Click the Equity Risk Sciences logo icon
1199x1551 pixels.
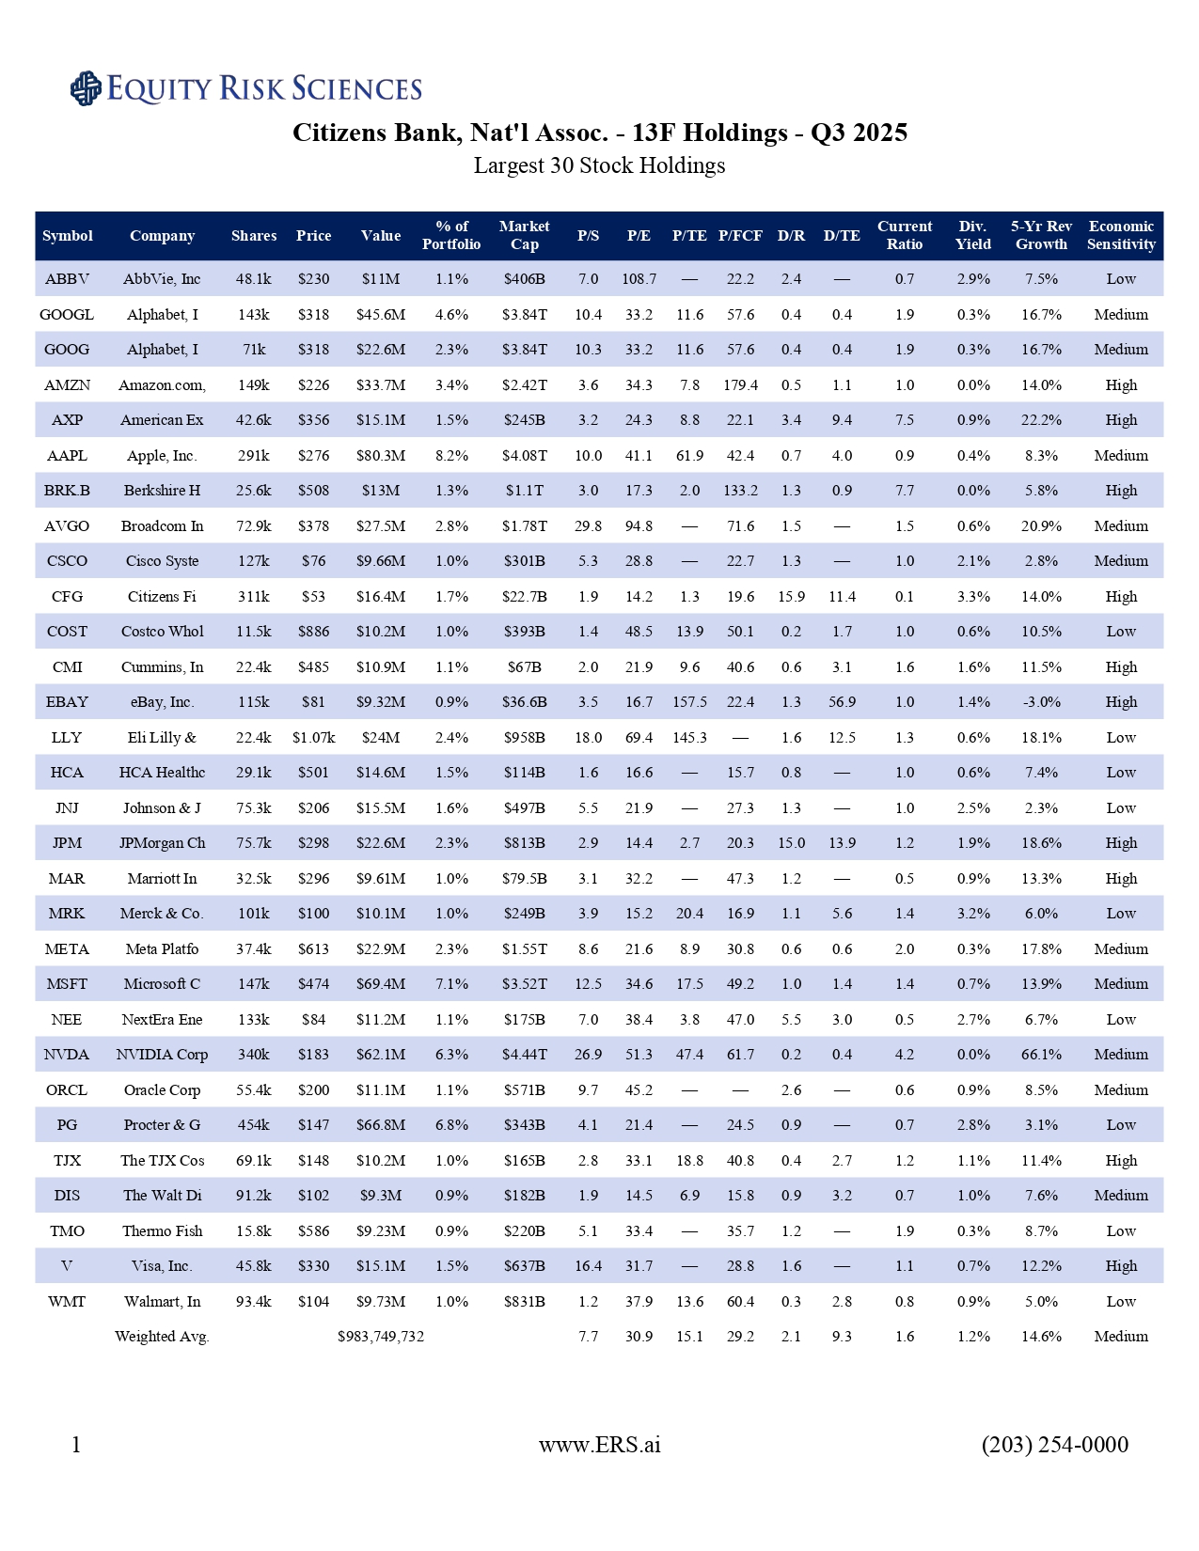pyautogui.click(x=86, y=88)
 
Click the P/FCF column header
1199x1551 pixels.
pyautogui.click(x=740, y=236)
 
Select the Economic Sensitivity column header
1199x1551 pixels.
pyautogui.click(x=1121, y=236)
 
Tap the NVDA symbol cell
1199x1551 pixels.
pyautogui.click(x=67, y=1055)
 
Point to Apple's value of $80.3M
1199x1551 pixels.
pyautogui.click(x=381, y=456)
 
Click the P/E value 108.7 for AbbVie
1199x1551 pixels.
pyautogui.click(x=639, y=279)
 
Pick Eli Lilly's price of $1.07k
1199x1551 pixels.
pyautogui.click(x=313, y=738)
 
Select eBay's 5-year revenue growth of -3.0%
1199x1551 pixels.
pyautogui.click(x=1041, y=702)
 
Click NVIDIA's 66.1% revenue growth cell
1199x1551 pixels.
pyautogui.click(x=1041, y=1055)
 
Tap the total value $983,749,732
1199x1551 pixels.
pyautogui.click(x=381, y=1337)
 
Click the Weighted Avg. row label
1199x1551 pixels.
pyautogui.click(x=162, y=1337)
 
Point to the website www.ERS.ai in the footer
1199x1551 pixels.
pyautogui.click(x=599, y=1445)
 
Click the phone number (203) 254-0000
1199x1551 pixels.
pyautogui.click(x=1054, y=1445)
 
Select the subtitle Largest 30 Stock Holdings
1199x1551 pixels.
pyautogui.click(x=599, y=166)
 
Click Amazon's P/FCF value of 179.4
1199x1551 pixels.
pyautogui.click(x=740, y=385)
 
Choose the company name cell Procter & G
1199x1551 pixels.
pyautogui.click(x=162, y=1125)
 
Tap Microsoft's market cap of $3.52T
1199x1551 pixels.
pyautogui.click(x=524, y=984)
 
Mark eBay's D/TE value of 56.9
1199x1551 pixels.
pyautogui.click(x=842, y=702)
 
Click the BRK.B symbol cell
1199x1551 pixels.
pyautogui.click(x=67, y=491)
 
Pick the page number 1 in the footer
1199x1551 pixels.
pyautogui.click(x=76, y=1445)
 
